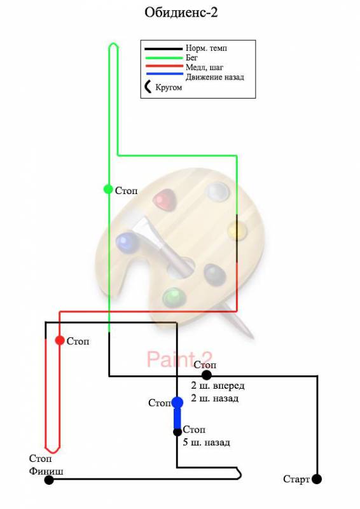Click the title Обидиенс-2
[x=181, y=13]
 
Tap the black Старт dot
[x=317, y=479]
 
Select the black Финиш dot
[x=49, y=480]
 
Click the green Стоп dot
[x=108, y=189]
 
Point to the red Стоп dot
[x=60, y=340]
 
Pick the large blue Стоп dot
[x=177, y=403]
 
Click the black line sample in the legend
[x=163, y=49]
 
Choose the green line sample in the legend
[x=163, y=58]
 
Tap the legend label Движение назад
[x=214, y=77]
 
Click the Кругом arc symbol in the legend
[x=147, y=87]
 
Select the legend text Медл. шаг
[x=204, y=67]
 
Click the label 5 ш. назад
[x=206, y=442]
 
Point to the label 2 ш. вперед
[x=218, y=386]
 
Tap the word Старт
[x=296, y=479]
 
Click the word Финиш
[x=46, y=471]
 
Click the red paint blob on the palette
[x=165, y=200]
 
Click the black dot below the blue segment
[x=177, y=432]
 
